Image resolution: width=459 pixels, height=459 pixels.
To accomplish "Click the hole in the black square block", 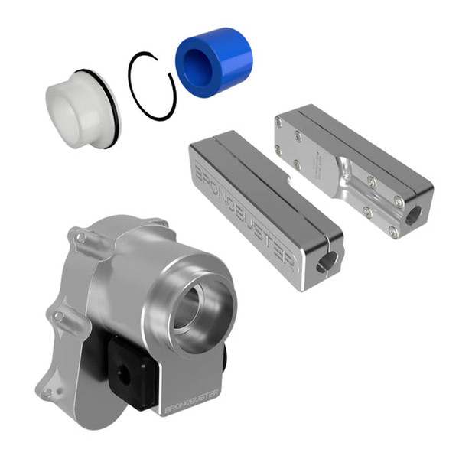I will [121, 373].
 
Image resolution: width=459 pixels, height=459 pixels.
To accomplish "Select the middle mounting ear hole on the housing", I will [57, 314].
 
